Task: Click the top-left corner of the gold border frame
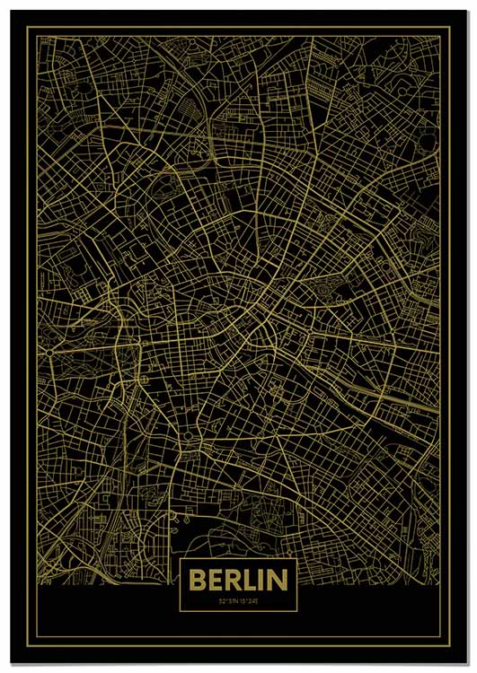point(26,27)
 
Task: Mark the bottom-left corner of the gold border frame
point(26,644)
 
